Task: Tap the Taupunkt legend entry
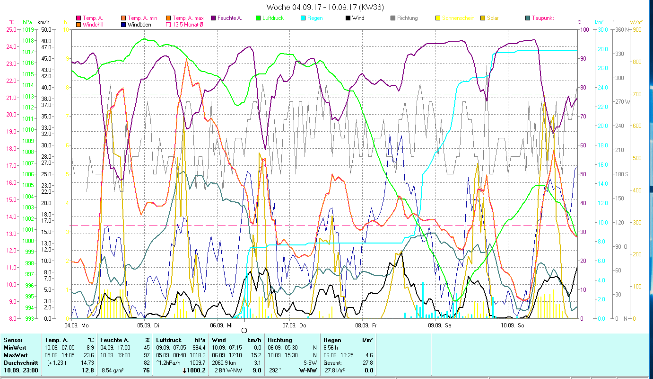[x=542, y=18]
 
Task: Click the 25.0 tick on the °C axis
[x=11, y=30]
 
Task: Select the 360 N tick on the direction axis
[x=621, y=30]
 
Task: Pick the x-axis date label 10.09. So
[x=513, y=325]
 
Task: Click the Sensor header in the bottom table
[x=13, y=340]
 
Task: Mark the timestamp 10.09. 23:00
[x=21, y=370]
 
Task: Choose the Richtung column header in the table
[x=279, y=340]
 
